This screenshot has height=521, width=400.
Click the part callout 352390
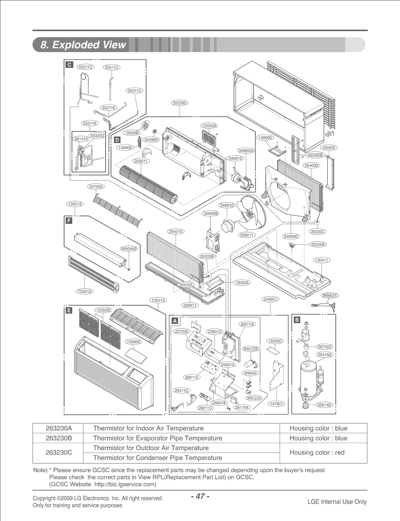179,103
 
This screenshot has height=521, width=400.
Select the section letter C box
69,65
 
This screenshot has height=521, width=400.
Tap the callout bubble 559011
247,235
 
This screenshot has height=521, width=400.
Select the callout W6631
330,295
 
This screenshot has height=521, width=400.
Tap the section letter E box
68,310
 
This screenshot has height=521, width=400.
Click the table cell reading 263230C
59,452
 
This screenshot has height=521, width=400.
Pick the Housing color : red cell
317,452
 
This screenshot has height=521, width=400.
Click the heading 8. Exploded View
83,45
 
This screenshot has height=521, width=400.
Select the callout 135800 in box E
133,342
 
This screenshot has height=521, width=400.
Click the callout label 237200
181,331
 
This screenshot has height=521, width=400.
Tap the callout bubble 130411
321,260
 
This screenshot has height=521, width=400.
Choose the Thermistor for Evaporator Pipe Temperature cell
157,438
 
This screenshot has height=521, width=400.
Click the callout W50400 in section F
129,249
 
